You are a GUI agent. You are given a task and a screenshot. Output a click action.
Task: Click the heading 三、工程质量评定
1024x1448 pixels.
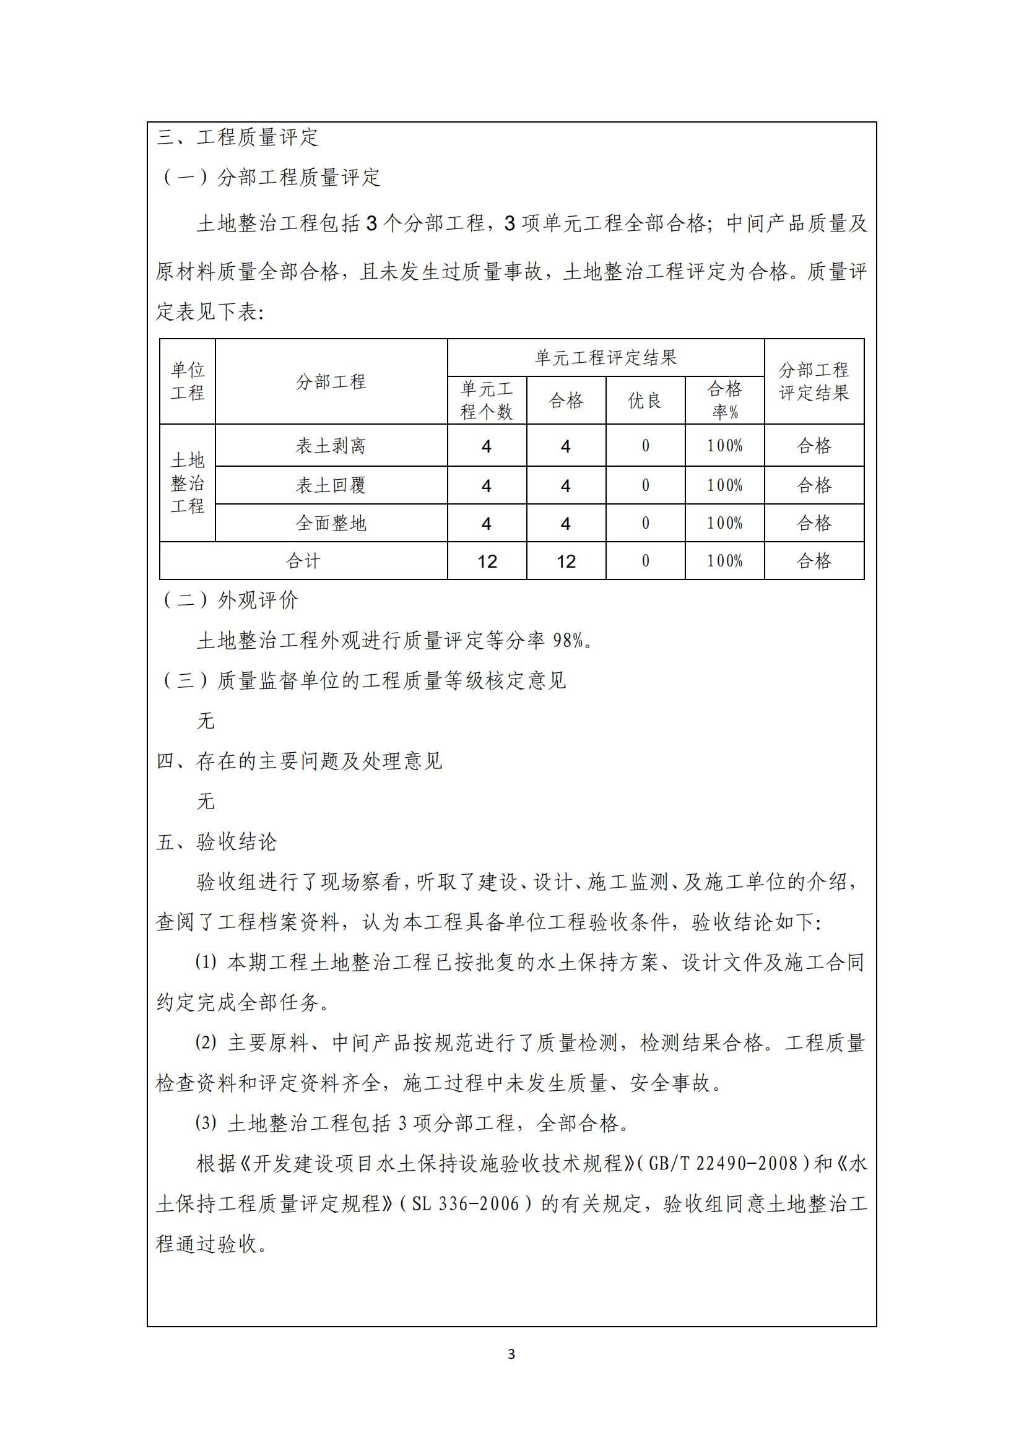[x=238, y=137]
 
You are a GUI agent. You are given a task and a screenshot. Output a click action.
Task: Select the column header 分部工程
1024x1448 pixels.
[x=331, y=381]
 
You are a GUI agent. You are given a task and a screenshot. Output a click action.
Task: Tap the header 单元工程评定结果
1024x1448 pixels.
[x=605, y=358]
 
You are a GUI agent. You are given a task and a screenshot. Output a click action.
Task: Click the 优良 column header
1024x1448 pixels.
[x=644, y=401]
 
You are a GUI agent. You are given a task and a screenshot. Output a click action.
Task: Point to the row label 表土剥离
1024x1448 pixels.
[x=331, y=446]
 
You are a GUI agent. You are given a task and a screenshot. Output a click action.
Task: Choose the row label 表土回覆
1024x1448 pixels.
[x=331, y=485]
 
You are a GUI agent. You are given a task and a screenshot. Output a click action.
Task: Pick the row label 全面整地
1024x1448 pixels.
[x=331, y=523]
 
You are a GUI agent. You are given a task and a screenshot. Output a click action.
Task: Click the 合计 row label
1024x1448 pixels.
[x=303, y=561]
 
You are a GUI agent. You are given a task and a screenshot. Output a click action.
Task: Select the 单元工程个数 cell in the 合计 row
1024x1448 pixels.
[x=487, y=561]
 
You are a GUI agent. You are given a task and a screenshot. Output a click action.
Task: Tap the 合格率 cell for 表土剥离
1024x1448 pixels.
[x=724, y=446]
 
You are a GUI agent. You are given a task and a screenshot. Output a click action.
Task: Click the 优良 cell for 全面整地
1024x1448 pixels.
[x=645, y=523]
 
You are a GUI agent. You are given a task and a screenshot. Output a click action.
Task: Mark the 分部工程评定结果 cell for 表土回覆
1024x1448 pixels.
[x=814, y=485]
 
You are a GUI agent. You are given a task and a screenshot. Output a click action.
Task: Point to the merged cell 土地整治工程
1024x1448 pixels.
[x=187, y=482]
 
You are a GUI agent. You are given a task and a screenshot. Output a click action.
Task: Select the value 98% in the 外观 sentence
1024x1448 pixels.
[x=568, y=641]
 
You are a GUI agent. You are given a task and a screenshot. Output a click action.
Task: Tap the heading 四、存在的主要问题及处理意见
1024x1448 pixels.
[x=299, y=761]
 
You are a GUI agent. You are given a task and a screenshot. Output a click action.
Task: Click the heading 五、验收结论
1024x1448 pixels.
[x=217, y=842]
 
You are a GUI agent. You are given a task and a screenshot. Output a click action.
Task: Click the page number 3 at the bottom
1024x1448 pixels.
[x=511, y=1354]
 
